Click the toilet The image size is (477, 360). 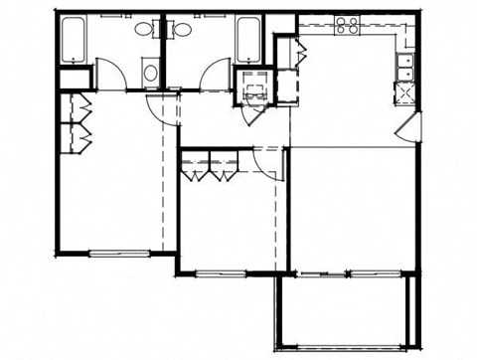click(x=149, y=71)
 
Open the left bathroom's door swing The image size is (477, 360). click(x=110, y=75)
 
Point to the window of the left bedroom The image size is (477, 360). click(x=118, y=253)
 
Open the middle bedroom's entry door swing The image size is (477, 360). click(x=266, y=159)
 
